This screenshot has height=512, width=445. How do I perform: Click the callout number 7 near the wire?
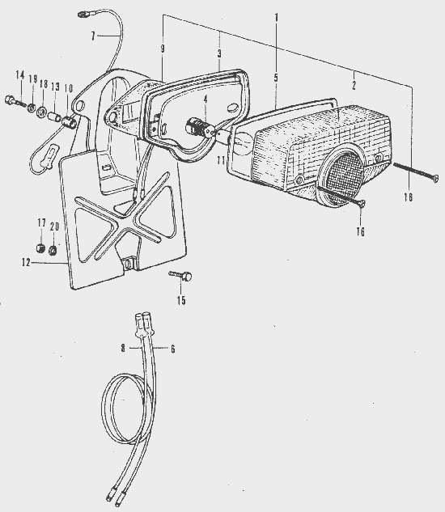pyautogui.click(x=93, y=36)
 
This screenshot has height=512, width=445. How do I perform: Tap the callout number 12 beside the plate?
pyautogui.click(x=26, y=262)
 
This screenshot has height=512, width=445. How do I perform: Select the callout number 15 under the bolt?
pyautogui.click(x=181, y=300)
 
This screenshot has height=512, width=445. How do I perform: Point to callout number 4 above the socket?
pyautogui.click(x=206, y=99)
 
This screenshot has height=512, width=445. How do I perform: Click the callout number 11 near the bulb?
pyautogui.click(x=222, y=160)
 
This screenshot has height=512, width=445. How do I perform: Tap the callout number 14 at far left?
pyautogui.click(x=20, y=75)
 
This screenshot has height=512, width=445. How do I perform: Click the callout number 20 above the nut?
pyautogui.click(x=54, y=226)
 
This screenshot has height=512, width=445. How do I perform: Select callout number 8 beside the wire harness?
pyautogui.click(x=123, y=348)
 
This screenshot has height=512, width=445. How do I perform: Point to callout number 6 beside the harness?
pyautogui.click(x=172, y=349)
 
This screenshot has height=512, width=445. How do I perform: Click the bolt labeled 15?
pyautogui.click(x=181, y=276)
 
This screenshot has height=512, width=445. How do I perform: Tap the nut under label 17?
pyautogui.click(x=40, y=248)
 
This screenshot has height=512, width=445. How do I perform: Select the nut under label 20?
pyautogui.click(x=53, y=251)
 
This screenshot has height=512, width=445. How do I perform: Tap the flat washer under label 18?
pyautogui.click(x=41, y=112)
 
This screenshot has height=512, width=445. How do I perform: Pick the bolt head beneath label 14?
pyautogui.click(x=9, y=99)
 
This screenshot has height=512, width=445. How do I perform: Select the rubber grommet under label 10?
pyautogui.click(x=70, y=122)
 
